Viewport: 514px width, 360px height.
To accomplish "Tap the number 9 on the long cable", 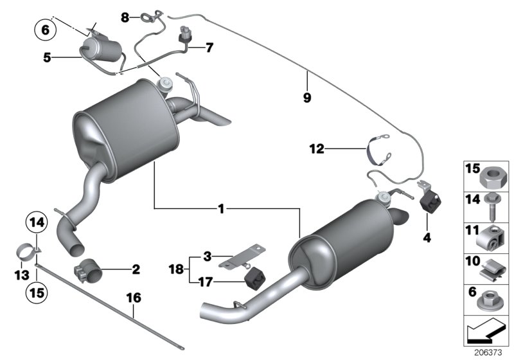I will [307, 98].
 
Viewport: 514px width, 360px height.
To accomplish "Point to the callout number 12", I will [333, 149].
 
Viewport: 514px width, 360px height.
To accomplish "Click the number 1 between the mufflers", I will [220, 208].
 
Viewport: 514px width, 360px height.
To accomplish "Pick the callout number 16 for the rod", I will [134, 298].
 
